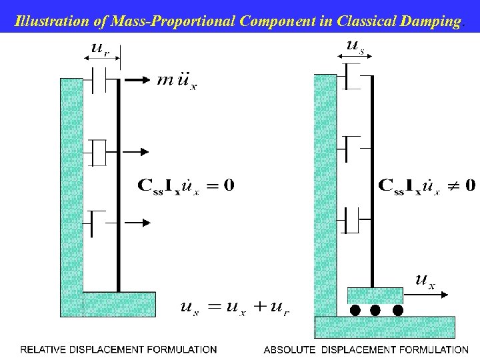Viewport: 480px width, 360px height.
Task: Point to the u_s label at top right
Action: click(354, 46)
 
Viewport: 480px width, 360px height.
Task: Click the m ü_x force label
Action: click(177, 82)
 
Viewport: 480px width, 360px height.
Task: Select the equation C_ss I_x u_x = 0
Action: click(185, 185)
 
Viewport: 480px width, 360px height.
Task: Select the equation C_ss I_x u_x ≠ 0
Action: click(427, 185)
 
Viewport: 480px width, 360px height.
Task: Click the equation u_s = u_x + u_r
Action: click(235, 307)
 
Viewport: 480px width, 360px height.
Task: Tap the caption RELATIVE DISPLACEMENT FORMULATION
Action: click(119, 349)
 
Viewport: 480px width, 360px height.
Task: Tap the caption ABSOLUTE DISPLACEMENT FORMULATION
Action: click(366, 349)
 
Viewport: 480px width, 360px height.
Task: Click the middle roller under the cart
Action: click(375, 311)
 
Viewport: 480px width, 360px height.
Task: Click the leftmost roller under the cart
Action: click(355, 311)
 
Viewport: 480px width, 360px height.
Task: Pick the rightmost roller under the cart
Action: click(398, 311)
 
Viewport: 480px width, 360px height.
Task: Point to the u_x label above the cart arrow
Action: click(425, 280)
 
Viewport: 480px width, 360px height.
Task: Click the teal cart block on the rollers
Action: click(375, 295)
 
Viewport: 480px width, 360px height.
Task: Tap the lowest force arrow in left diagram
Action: click(138, 223)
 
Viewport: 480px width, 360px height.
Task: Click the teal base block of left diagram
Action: click(119, 304)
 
